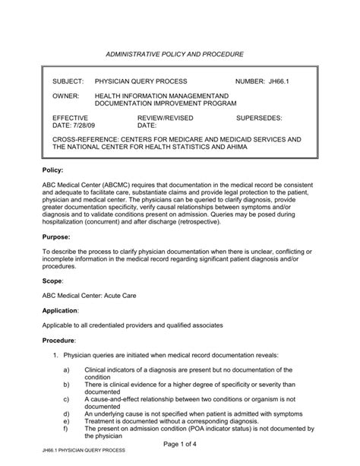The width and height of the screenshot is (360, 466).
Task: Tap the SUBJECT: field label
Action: coord(68,81)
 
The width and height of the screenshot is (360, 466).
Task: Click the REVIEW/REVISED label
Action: coord(165,119)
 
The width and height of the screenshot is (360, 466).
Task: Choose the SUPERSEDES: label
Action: coord(260,119)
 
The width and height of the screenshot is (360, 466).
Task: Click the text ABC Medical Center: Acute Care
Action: coord(96,296)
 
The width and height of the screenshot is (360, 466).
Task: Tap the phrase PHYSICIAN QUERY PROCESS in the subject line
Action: coord(143,81)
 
